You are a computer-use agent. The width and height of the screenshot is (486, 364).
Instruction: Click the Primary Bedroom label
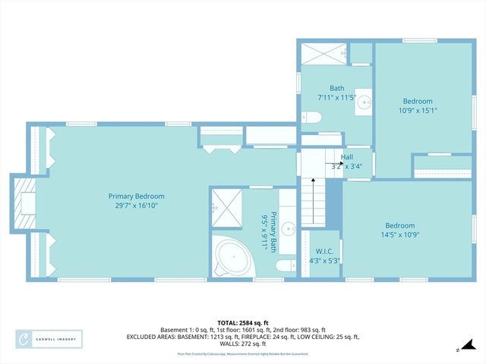[136, 196]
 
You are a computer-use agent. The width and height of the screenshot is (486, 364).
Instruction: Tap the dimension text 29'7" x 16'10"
[136, 206]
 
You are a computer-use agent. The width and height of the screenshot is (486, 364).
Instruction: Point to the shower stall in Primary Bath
[225, 206]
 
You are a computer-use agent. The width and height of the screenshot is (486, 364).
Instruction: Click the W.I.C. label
[320, 252]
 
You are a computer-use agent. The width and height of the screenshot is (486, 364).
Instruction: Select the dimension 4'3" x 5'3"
[320, 261]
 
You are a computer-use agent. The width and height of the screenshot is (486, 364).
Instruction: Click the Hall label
[346, 157]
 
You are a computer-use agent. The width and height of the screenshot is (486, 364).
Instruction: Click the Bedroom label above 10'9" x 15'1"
[418, 101]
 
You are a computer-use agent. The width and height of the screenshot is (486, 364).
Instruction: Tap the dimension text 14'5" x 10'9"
[399, 234]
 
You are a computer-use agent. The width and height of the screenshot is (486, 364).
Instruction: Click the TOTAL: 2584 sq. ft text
[243, 323]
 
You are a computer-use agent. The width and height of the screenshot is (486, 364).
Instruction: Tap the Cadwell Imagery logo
[49, 339]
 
